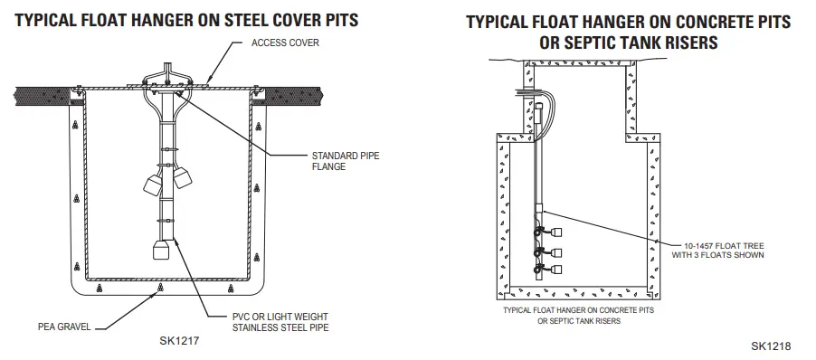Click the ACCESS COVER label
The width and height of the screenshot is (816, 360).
click(x=285, y=43)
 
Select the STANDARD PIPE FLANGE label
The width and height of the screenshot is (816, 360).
click(x=346, y=160)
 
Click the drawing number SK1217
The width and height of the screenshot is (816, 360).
click(x=179, y=341)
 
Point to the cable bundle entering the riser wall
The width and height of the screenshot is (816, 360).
click(x=525, y=91)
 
